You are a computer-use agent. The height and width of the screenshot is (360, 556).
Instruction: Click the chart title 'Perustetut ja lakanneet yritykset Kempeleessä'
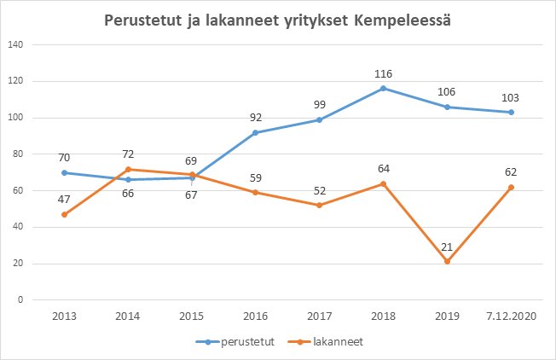tap(278, 20)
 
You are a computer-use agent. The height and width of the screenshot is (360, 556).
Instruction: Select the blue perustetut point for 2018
tap(384, 88)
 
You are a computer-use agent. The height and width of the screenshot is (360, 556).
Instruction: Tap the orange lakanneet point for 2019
tap(448, 261)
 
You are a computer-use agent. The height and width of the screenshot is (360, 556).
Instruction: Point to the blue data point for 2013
tap(65, 172)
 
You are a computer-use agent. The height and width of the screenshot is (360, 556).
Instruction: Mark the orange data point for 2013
tap(65, 214)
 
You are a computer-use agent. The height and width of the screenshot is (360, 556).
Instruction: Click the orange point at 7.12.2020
tap(511, 187)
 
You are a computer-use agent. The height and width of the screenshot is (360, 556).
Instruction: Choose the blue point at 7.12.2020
tap(511, 112)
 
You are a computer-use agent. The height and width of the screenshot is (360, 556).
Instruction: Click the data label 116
tap(384, 74)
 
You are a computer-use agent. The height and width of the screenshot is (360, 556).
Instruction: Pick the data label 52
tap(320, 191)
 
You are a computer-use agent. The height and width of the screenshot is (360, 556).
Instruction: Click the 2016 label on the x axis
tap(256, 315)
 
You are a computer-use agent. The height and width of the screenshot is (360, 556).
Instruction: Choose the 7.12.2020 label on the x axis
tap(511, 315)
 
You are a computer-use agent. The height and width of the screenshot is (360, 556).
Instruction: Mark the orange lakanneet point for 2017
tap(320, 205)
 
